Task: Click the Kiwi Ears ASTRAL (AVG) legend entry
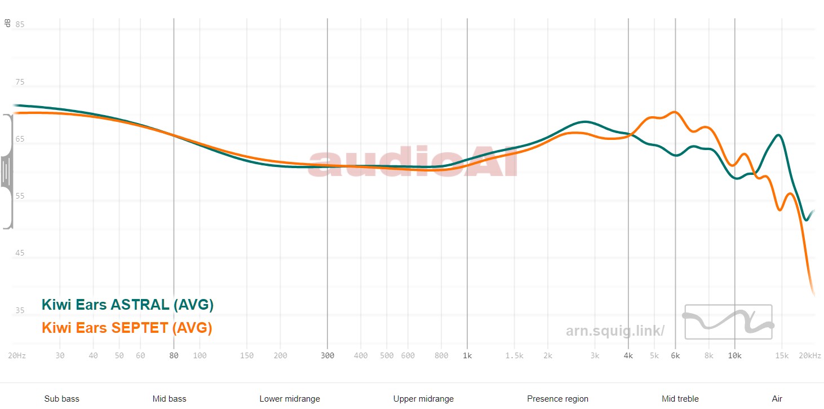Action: pyautogui.click(x=127, y=305)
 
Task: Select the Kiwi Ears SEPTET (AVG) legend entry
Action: pyautogui.click(x=127, y=327)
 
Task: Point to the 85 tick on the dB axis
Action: pyautogui.click(x=20, y=25)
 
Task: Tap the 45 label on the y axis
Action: pyautogui.click(x=20, y=253)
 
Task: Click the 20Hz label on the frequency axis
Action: pyautogui.click(x=16, y=356)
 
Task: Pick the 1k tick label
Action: pyautogui.click(x=467, y=356)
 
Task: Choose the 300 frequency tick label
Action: pyautogui.click(x=327, y=356)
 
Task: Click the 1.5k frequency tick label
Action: pyautogui.click(x=513, y=356)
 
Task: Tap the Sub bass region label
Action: pyautogui.click(x=61, y=399)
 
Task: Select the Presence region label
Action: pyautogui.click(x=557, y=399)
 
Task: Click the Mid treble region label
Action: pyautogui.click(x=680, y=399)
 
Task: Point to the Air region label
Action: pyautogui.click(x=777, y=399)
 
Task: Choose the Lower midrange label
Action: pyautogui.click(x=290, y=399)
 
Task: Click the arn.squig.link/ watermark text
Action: pyautogui.click(x=615, y=331)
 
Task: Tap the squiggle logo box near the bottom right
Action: pyautogui.click(x=728, y=322)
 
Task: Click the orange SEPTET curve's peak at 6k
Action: pyautogui.click(x=674, y=112)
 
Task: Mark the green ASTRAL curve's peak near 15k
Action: pyautogui.click(x=778, y=135)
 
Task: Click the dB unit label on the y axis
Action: pyautogui.click(x=7, y=23)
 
